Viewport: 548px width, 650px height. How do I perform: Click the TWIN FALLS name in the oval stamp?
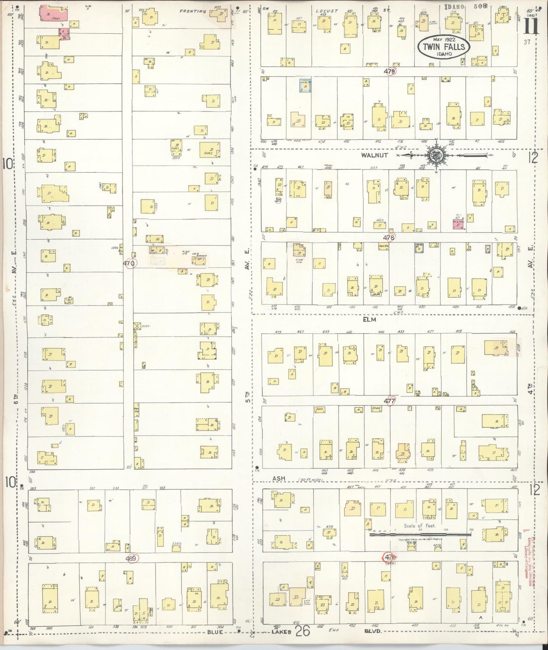(444, 47)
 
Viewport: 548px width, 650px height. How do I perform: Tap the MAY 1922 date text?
(444, 39)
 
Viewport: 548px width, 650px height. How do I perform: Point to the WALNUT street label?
(374, 155)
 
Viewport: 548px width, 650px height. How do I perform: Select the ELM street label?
(369, 320)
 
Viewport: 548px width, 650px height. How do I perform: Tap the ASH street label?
(279, 479)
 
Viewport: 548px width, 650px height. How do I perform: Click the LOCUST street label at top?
(327, 11)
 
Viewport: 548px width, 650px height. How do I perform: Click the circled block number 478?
(389, 237)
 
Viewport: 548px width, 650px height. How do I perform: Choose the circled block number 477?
(389, 401)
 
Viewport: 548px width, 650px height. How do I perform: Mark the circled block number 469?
(132, 558)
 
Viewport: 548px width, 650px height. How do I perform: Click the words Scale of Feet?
(419, 526)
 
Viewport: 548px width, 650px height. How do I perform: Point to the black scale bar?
(420, 534)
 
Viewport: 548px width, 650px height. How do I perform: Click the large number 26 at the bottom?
(303, 631)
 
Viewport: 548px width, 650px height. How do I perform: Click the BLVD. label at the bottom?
(373, 631)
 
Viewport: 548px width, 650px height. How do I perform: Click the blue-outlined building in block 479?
(306, 87)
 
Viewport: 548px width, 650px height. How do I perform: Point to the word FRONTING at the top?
(193, 11)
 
